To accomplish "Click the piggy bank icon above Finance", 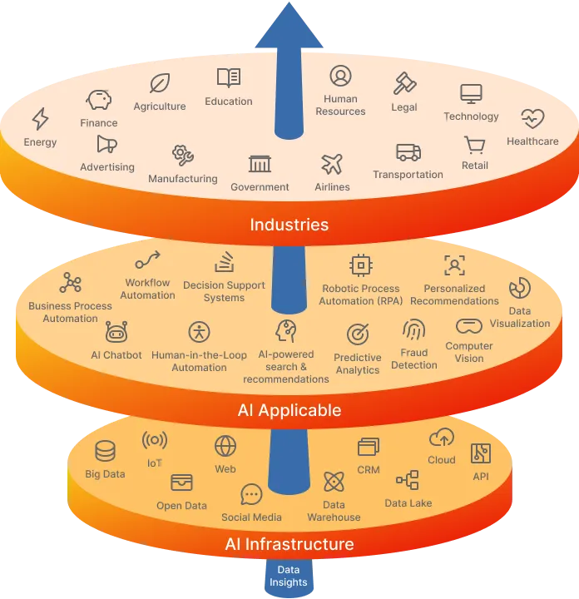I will click(x=98, y=101).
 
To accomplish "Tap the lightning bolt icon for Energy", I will click(x=40, y=119).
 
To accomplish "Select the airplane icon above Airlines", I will click(x=332, y=163).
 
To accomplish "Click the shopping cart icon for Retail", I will click(x=474, y=146).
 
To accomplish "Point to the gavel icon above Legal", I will click(x=404, y=83).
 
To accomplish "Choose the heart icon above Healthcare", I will click(x=532, y=118).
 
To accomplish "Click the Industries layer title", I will click(x=289, y=225).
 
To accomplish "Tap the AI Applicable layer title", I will click(x=289, y=410).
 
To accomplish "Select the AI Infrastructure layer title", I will click(x=289, y=544).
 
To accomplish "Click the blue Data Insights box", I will click(x=289, y=576).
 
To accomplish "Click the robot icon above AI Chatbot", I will click(x=116, y=333).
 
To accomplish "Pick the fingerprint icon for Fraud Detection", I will click(x=413, y=329).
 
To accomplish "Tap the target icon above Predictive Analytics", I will click(x=358, y=334).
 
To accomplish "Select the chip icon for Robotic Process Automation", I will click(x=360, y=265).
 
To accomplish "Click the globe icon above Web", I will click(x=225, y=447).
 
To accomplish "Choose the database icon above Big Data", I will click(x=105, y=452).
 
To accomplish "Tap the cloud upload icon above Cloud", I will click(x=441, y=438).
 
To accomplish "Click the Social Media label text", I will click(x=251, y=517).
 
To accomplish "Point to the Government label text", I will click(x=260, y=187).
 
